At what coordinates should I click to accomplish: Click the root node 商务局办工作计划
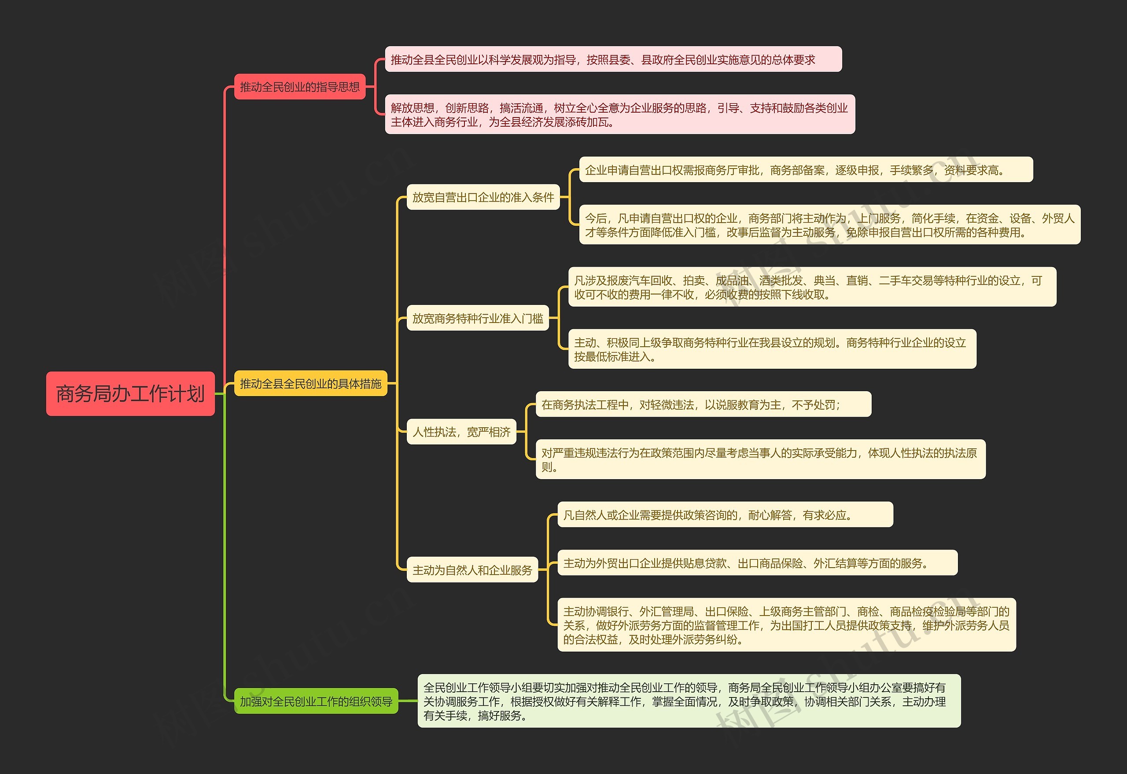coord(130,393)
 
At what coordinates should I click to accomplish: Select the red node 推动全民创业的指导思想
coord(299,87)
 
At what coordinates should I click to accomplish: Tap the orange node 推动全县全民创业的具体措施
coord(310,384)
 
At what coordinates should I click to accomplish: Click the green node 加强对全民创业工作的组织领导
coord(316,701)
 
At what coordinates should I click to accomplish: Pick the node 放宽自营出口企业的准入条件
coord(483,197)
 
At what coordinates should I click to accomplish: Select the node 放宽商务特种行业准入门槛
coord(477,318)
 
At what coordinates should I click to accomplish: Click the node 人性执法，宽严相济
coord(461,432)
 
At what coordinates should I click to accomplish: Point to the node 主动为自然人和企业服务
coord(472,570)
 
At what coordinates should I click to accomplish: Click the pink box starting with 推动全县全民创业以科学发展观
coord(613,59)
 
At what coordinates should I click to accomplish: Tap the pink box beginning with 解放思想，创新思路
coord(619,114)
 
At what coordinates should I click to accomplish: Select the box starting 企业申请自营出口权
coord(805,170)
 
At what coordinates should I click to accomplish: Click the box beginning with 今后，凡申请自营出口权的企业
coord(829,225)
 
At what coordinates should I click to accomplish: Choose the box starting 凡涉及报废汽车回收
coord(812,287)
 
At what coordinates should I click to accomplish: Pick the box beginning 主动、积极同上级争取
coord(772,349)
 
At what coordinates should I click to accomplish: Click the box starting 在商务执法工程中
coord(703,404)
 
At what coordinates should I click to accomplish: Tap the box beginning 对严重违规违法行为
coord(760,460)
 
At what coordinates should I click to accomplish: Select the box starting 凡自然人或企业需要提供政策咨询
coord(725,514)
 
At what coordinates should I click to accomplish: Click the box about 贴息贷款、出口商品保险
coord(757,562)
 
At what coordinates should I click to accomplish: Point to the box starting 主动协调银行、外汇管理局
coord(786,625)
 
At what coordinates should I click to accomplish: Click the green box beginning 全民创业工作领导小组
coord(689,701)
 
